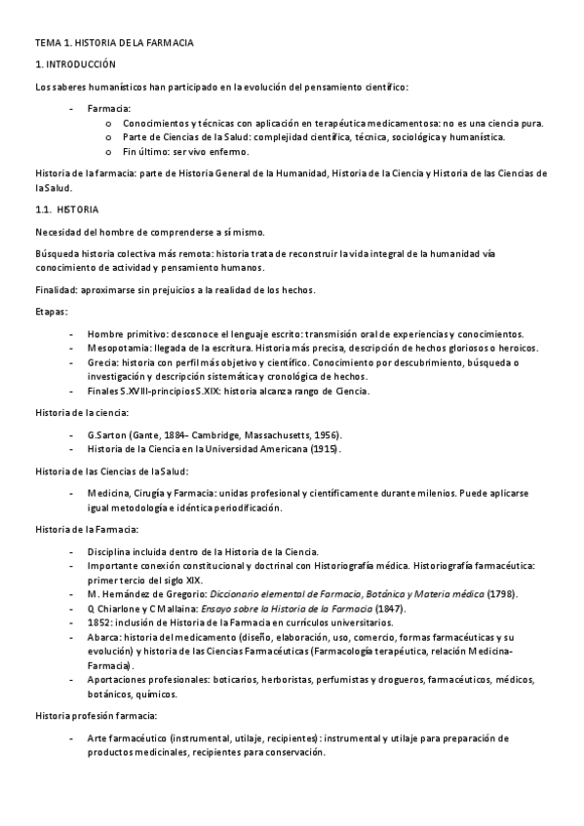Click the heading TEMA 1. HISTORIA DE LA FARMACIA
[114, 44]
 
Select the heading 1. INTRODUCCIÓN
[75, 64]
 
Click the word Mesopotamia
[118, 348]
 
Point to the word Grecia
[101, 362]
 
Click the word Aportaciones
[119, 680]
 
